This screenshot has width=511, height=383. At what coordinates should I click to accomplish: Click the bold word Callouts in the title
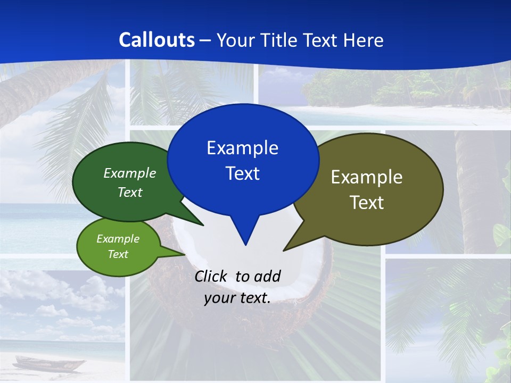(x=156, y=40)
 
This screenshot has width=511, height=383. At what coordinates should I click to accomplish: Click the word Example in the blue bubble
(x=242, y=148)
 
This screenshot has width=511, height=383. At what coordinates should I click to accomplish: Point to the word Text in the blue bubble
(x=242, y=173)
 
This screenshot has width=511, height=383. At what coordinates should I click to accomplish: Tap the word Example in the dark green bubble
(x=129, y=173)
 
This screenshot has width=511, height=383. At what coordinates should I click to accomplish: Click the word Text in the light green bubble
(x=118, y=254)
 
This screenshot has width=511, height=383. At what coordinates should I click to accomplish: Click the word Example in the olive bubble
(x=367, y=177)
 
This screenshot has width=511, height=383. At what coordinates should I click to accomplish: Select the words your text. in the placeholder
(x=237, y=298)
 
